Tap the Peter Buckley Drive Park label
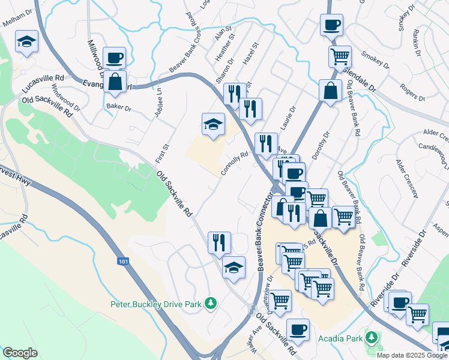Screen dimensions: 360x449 (x=155, y=304)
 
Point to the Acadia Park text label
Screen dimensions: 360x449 (x=340, y=337)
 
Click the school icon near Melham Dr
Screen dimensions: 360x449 (x=26, y=41)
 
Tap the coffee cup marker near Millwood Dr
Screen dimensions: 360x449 (x=114, y=58)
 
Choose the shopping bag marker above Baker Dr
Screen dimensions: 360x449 (x=114, y=82)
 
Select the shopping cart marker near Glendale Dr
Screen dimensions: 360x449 (x=340, y=57)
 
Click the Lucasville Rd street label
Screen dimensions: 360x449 (x=43, y=82)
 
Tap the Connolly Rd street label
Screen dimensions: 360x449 (x=234, y=163)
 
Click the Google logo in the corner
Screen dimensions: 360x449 (x=20, y=353)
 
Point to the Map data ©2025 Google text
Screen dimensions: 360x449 (x=412, y=355)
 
